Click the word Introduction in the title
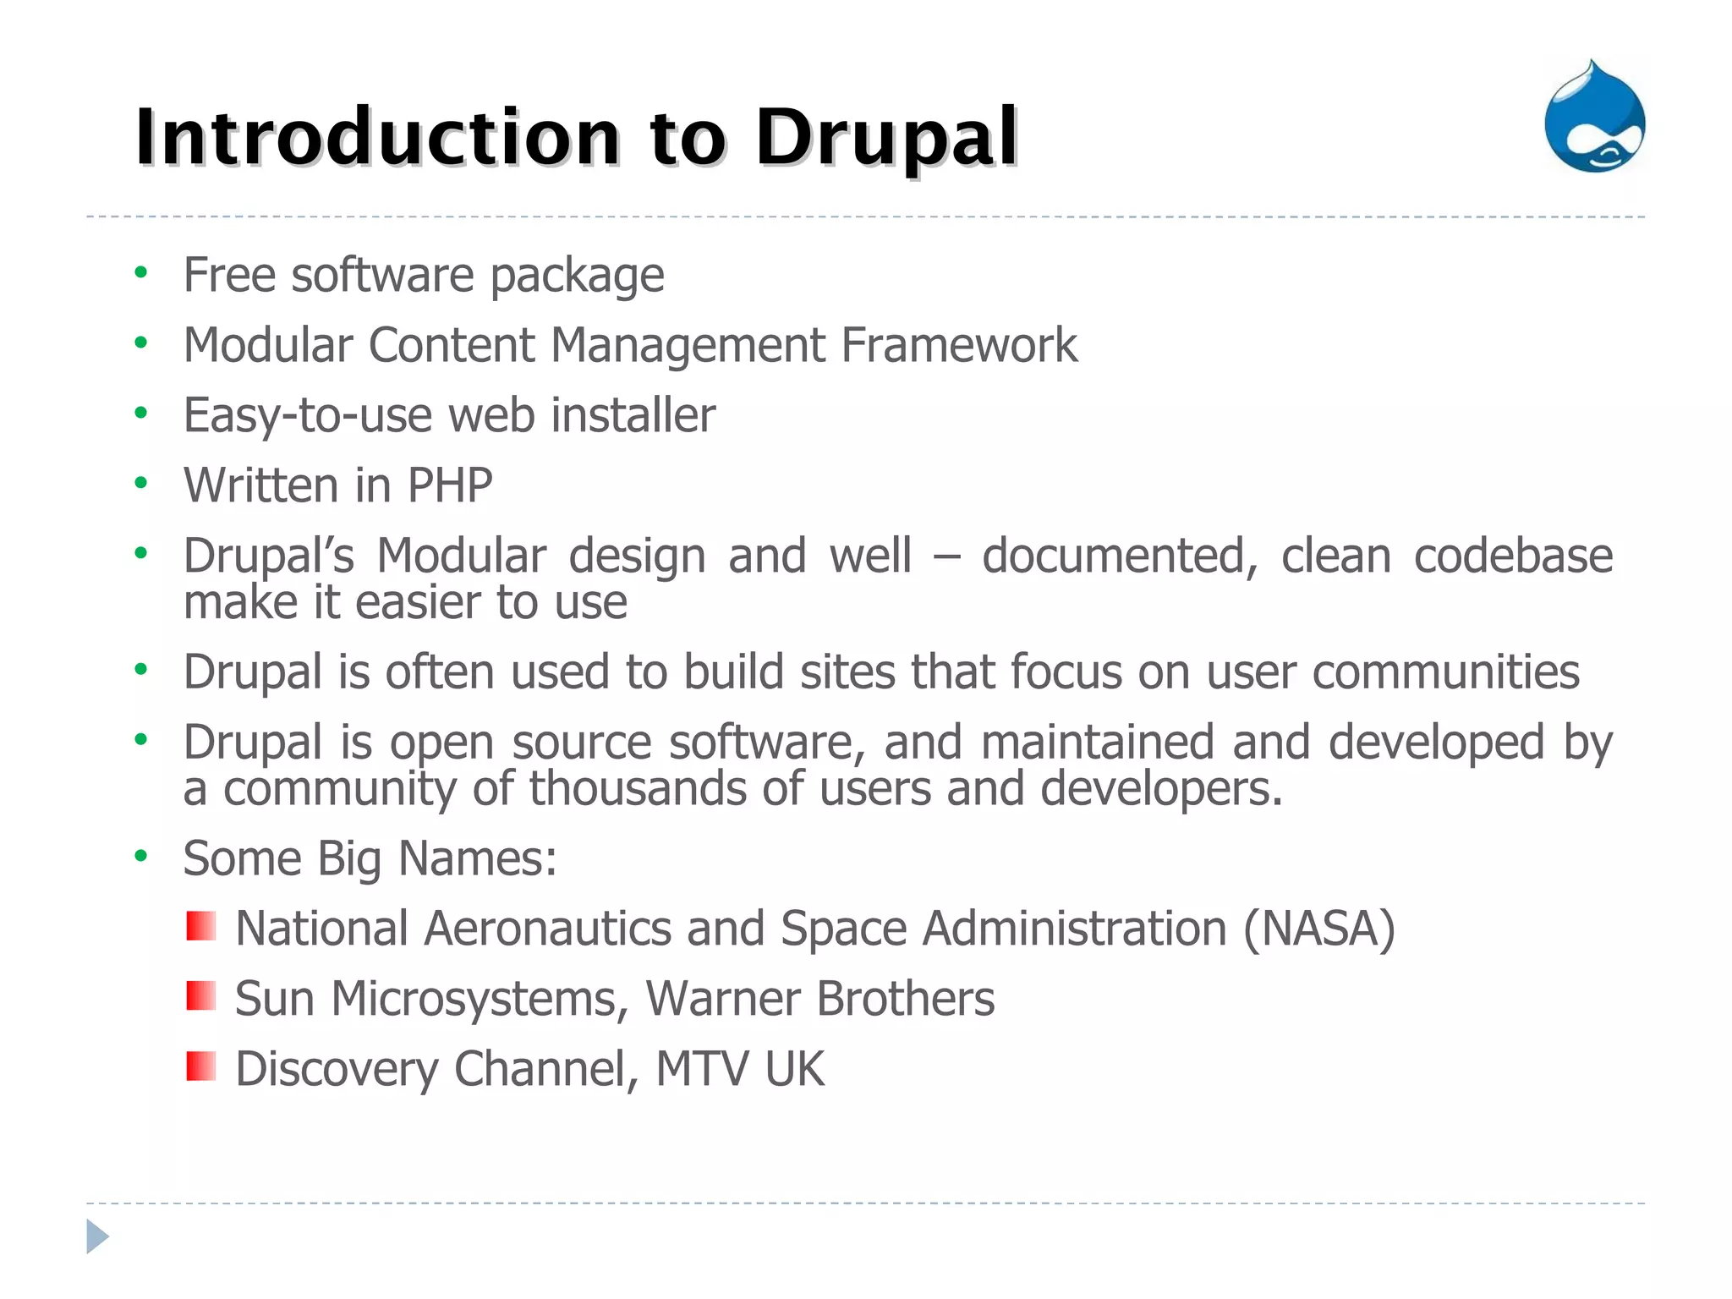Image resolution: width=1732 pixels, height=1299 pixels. click(x=377, y=137)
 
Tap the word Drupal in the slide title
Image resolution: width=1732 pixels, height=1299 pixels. click(x=886, y=137)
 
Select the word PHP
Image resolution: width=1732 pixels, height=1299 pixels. click(x=450, y=485)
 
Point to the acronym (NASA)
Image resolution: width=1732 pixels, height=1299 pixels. click(x=1318, y=929)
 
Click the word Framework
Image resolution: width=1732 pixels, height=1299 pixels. click(x=959, y=345)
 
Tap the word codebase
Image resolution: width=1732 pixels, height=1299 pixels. click(x=1513, y=556)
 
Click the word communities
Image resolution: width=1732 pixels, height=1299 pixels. click(x=1445, y=672)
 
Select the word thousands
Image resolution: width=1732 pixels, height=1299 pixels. click(x=638, y=788)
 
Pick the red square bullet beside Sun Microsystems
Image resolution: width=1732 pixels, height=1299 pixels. click(x=201, y=996)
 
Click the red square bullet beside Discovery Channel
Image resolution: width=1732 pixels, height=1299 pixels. click(x=201, y=1066)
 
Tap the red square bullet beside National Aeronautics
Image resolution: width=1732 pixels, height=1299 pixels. click(x=201, y=926)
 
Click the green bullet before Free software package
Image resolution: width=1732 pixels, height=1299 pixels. click(x=141, y=272)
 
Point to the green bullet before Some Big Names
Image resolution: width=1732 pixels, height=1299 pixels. click(x=141, y=856)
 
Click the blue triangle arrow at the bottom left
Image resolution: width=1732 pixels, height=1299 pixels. click(x=97, y=1236)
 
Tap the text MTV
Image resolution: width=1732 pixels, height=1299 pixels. click(x=702, y=1069)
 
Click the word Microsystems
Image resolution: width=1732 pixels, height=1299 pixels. click(x=474, y=999)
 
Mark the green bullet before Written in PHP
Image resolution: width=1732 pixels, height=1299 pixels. click(x=141, y=483)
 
